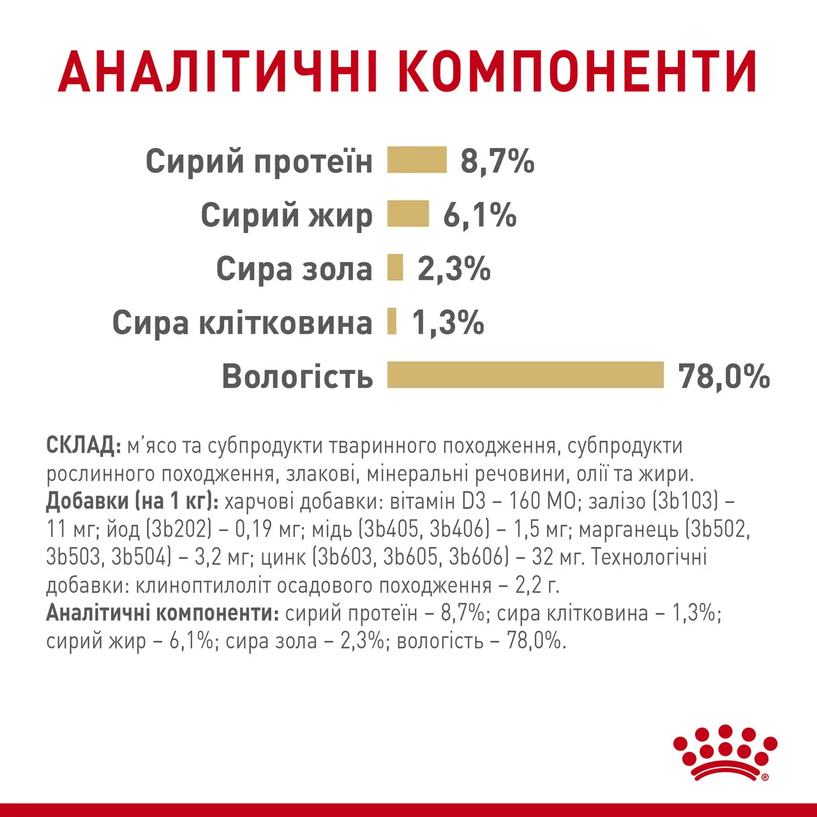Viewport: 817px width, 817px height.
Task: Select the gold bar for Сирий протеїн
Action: point(417,160)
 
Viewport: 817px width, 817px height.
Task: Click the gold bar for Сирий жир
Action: point(408,214)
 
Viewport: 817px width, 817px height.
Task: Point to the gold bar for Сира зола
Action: point(395,267)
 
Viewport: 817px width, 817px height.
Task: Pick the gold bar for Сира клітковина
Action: point(392,321)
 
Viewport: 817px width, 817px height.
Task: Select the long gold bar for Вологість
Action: point(525,375)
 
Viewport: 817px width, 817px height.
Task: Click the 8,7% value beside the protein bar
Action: point(497,161)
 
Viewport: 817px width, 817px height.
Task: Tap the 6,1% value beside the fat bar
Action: point(480,215)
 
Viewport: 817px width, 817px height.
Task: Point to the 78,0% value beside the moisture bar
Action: point(724,376)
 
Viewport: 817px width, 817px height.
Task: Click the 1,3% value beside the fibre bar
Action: point(448,322)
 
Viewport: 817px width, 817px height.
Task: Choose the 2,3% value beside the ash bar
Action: point(454,269)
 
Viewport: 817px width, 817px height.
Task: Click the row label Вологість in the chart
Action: point(297,377)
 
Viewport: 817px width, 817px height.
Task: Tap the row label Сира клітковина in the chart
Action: point(242,323)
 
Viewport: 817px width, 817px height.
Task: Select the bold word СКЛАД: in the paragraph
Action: point(83,446)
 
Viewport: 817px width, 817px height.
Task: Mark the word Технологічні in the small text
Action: point(649,557)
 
